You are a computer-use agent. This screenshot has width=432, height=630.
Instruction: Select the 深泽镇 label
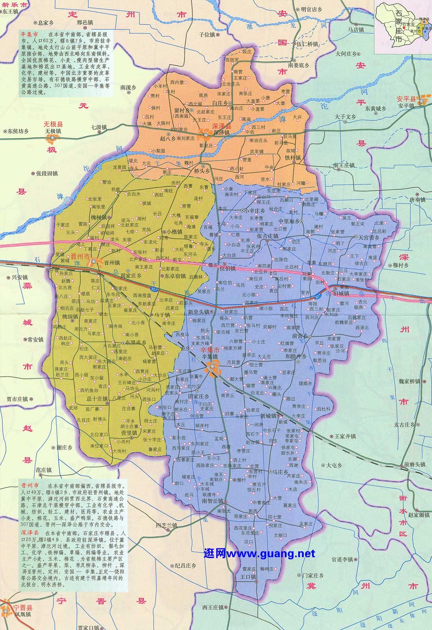click(x=222, y=133)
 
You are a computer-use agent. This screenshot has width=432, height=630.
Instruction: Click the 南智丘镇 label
click(x=213, y=501)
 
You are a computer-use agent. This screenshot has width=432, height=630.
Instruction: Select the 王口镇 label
click(x=248, y=577)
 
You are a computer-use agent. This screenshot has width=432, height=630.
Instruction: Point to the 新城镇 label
click(x=268, y=415)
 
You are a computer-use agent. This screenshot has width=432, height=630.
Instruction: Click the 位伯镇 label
click(x=227, y=269)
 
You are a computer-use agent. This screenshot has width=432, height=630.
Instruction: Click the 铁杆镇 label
click(x=293, y=157)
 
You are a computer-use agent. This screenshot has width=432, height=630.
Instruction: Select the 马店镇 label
click(x=356, y=30)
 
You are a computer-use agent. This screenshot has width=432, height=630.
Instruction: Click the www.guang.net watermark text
click(x=260, y=554)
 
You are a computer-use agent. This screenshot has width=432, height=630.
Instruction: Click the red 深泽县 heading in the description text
click(x=30, y=532)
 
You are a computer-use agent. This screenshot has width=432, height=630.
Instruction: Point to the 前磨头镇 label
click(x=414, y=465)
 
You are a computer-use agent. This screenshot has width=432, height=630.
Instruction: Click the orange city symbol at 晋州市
click(x=94, y=261)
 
